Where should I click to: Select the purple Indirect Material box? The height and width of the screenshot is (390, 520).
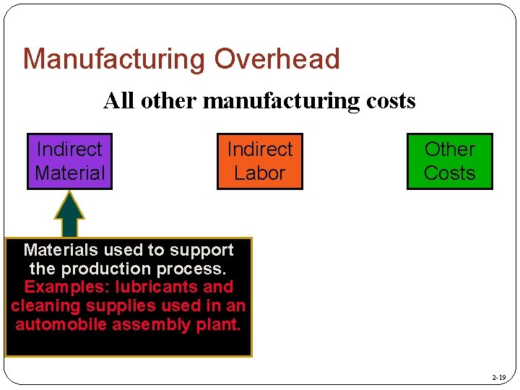69,161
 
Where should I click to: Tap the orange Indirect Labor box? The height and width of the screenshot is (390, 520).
260,161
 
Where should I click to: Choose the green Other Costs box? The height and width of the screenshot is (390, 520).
449,161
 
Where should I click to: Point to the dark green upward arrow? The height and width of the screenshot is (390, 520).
69,213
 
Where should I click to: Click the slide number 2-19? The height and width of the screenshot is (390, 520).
498,378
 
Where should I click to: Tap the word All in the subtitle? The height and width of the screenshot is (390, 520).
119,100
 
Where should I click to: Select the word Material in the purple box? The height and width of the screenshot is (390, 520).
69,173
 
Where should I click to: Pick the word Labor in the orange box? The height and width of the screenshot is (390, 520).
260,173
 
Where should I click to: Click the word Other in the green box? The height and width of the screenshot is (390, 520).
449,149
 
